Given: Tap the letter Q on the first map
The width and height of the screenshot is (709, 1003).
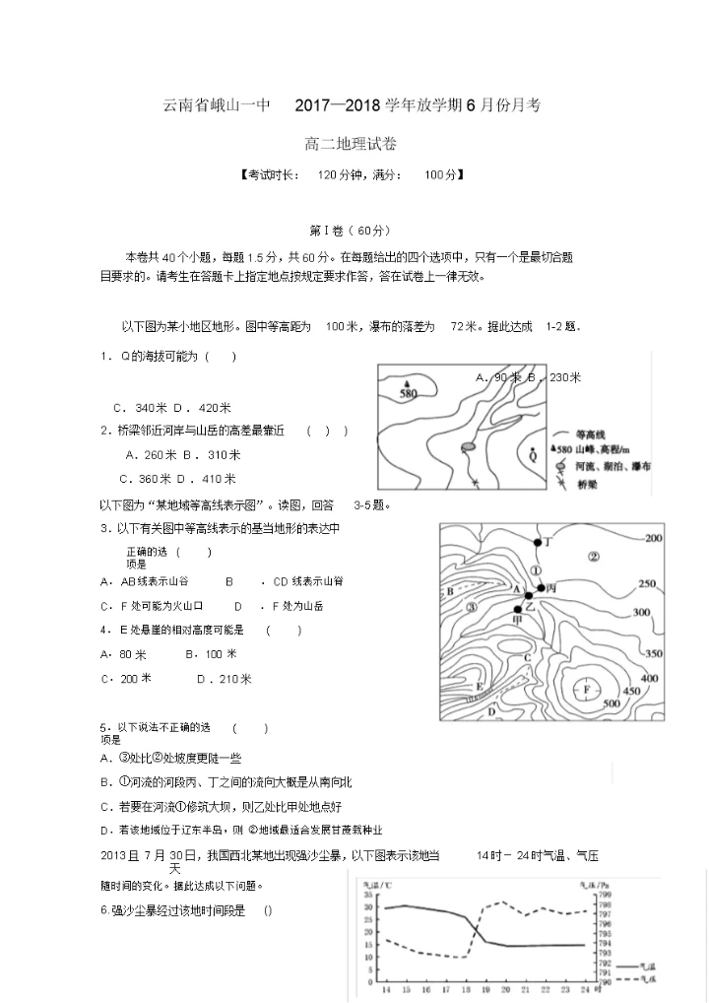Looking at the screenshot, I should pyautogui.click(x=533, y=455).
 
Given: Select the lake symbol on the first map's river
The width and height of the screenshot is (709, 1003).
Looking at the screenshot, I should pyautogui.click(x=469, y=446).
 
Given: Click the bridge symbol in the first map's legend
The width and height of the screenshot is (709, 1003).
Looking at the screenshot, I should pyautogui.click(x=559, y=486).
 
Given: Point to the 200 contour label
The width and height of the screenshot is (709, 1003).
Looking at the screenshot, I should pyautogui.click(x=652, y=538).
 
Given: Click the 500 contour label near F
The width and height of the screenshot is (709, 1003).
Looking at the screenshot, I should pyautogui.click(x=611, y=702).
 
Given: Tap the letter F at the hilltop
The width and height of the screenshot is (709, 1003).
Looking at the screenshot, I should pyautogui.click(x=587, y=689).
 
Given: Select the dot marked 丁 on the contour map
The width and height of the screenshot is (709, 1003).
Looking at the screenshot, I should pyautogui.click(x=537, y=543).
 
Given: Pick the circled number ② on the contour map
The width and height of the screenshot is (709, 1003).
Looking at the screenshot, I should pyautogui.click(x=593, y=556).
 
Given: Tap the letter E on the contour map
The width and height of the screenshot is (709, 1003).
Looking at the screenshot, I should pyautogui.click(x=480, y=686).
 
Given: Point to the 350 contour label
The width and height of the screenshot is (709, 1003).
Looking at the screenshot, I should pyautogui.click(x=652, y=654).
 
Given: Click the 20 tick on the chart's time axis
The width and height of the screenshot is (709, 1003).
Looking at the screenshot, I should pyautogui.click(x=506, y=988).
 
